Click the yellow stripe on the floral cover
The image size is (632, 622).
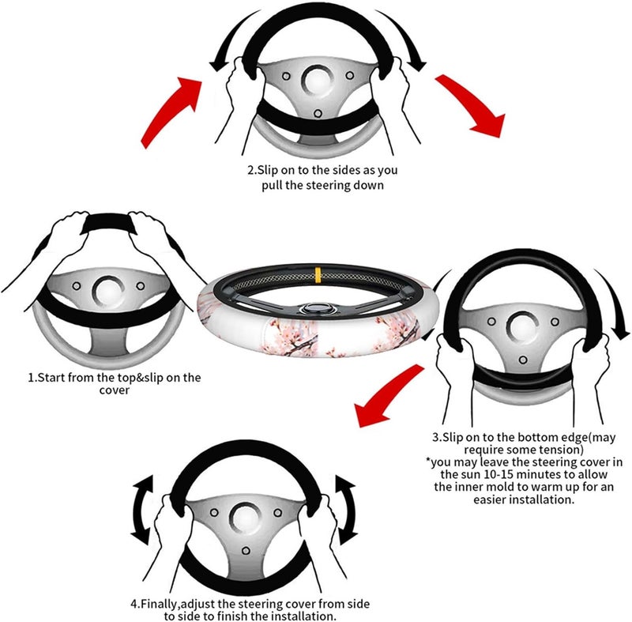pos(318,273)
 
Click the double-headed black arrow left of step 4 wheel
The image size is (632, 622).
pos(143,511)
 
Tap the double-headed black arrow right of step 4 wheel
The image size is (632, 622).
pos(346,511)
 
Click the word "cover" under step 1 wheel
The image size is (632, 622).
pos(115,390)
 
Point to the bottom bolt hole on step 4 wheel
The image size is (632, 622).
pos(246,551)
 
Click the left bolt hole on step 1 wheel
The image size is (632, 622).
pos(76,286)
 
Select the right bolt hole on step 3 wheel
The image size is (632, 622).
pos(555,322)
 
